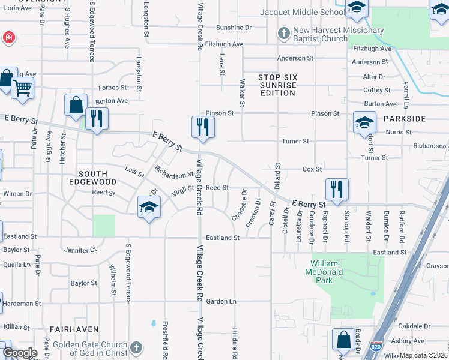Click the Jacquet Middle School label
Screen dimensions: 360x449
pyautogui.click(x=302, y=12)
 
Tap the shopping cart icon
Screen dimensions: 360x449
pyautogui.click(x=23, y=89)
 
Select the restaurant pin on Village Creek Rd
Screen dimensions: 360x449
pyautogui.click(x=203, y=127)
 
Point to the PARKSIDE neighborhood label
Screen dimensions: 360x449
pyautogui.click(x=405, y=118)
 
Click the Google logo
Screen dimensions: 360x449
pyautogui.click(x=20, y=353)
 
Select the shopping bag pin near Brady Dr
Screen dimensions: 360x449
pyautogui.click(x=344, y=340)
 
